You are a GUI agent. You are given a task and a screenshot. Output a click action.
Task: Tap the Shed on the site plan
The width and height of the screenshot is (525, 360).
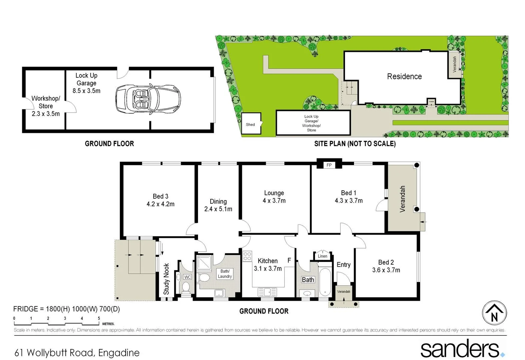[x=251, y=124]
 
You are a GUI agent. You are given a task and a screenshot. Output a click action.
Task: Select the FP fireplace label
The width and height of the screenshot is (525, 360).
[x=329, y=165]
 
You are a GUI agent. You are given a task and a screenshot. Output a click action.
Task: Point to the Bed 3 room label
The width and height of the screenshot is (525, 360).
[x=160, y=196]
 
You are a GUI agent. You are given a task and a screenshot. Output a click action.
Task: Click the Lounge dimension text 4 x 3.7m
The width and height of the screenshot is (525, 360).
[x=274, y=201]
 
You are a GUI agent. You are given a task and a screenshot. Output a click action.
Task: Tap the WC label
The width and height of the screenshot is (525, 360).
[x=188, y=277]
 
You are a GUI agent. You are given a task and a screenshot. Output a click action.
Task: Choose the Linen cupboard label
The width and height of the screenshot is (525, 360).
[x=322, y=256]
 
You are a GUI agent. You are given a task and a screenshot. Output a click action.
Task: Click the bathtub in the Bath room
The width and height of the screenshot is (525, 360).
[x=325, y=282]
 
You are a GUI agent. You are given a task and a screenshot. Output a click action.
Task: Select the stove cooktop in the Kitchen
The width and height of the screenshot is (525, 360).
[x=247, y=256]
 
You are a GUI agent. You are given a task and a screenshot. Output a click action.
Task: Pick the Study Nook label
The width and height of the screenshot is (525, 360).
[x=166, y=279]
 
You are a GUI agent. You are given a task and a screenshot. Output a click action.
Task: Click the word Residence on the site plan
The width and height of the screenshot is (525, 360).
[x=404, y=76]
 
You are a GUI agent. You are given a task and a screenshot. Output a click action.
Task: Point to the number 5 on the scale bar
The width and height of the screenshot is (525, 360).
[x=99, y=318]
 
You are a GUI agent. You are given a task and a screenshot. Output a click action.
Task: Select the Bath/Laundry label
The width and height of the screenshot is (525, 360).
[x=225, y=274]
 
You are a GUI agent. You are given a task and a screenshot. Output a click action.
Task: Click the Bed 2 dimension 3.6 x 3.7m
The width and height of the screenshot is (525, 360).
[x=386, y=270]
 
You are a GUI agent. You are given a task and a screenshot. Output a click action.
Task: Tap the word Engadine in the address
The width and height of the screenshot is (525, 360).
[x=119, y=353]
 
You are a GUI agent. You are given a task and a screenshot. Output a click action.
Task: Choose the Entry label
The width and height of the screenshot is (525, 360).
[x=343, y=265]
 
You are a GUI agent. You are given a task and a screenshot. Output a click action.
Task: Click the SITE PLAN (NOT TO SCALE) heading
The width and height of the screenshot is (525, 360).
[x=355, y=144]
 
